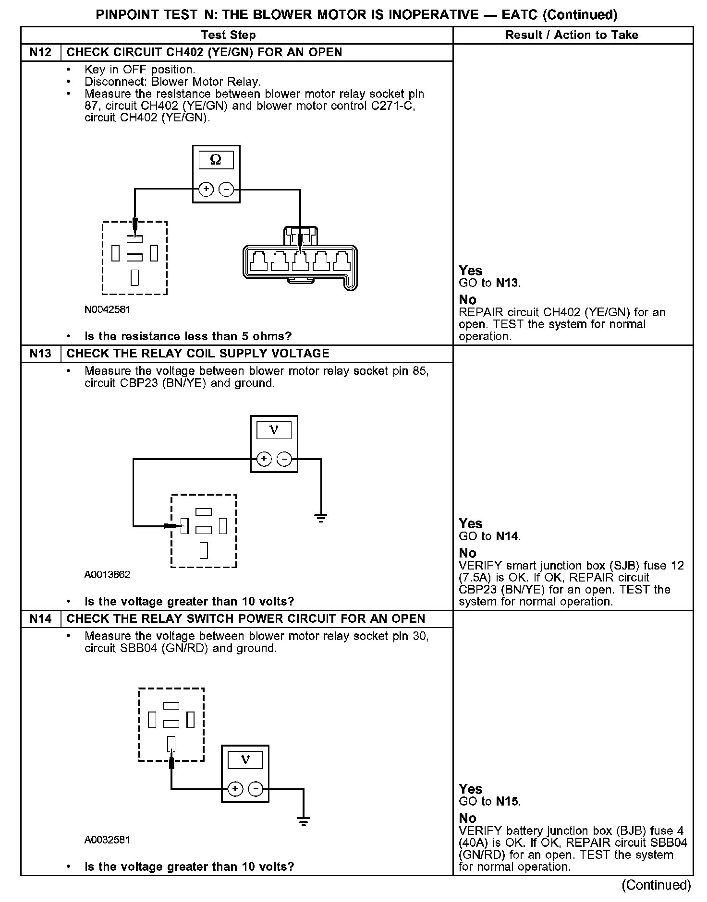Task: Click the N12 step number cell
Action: (x=40, y=52)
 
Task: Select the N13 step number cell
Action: (x=40, y=354)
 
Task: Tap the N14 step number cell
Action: (x=40, y=619)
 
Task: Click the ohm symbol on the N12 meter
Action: (x=216, y=160)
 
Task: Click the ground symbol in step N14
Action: (x=304, y=822)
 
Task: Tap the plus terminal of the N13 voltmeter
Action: (x=264, y=459)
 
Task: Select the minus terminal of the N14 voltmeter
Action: (x=256, y=789)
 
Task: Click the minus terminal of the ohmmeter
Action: (x=226, y=190)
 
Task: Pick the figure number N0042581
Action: (x=107, y=309)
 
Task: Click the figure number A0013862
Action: (x=107, y=575)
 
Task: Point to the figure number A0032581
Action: (x=107, y=840)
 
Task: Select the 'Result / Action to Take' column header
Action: (x=572, y=35)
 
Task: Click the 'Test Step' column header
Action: (x=228, y=35)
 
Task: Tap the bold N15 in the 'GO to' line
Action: (x=507, y=801)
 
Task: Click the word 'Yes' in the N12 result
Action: (x=470, y=271)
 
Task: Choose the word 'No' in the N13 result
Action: (x=467, y=553)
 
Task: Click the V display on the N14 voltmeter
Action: (x=245, y=760)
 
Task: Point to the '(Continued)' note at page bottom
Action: (x=656, y=885)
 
